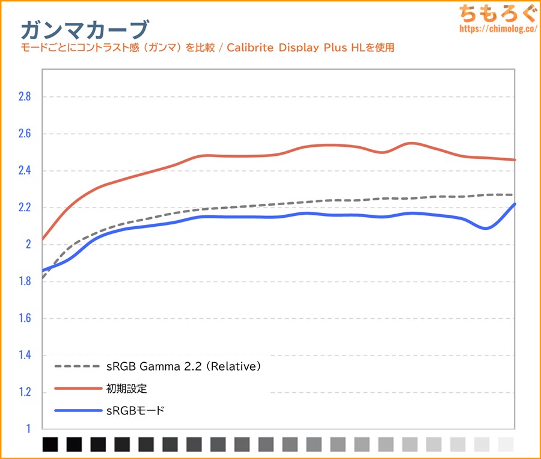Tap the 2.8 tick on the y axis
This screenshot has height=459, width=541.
point(23,96)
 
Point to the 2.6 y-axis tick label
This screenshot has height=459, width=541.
point(23,134)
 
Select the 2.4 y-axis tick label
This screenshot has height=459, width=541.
point(23,171)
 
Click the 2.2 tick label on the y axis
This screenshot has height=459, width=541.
point(23,208)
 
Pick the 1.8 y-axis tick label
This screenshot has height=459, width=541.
point(23,282)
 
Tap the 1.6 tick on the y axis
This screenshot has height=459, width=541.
point(23,318)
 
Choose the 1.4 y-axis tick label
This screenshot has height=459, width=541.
point(23,356)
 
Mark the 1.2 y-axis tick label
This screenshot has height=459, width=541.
point(23,392)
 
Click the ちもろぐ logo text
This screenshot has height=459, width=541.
point(495,13)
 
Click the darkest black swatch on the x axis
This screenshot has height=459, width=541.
point(50,445)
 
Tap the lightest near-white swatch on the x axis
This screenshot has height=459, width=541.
point(506,445)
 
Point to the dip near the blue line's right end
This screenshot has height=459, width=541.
point(486,228)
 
